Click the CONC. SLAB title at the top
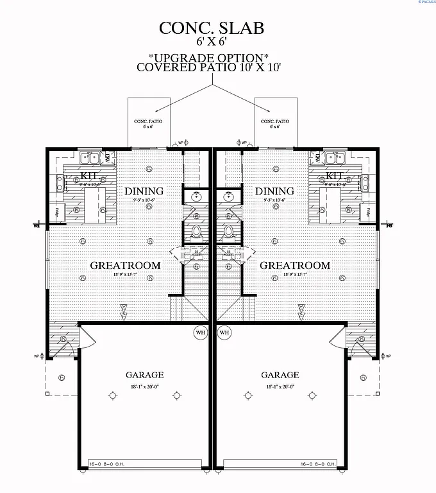click(211, 28)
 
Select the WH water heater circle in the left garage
click(200, 333)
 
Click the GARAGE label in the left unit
click(144, 375)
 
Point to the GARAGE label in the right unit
click(280, 375)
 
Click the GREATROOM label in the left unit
click(125, 265)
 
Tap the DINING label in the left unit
click(144, 191)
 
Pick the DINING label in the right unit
click(274, 191)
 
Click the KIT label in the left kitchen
click(88, 176)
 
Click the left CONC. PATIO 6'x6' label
click(149, 123)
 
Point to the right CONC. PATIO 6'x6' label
click(275, 123)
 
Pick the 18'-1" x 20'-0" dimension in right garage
click(280, 388)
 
